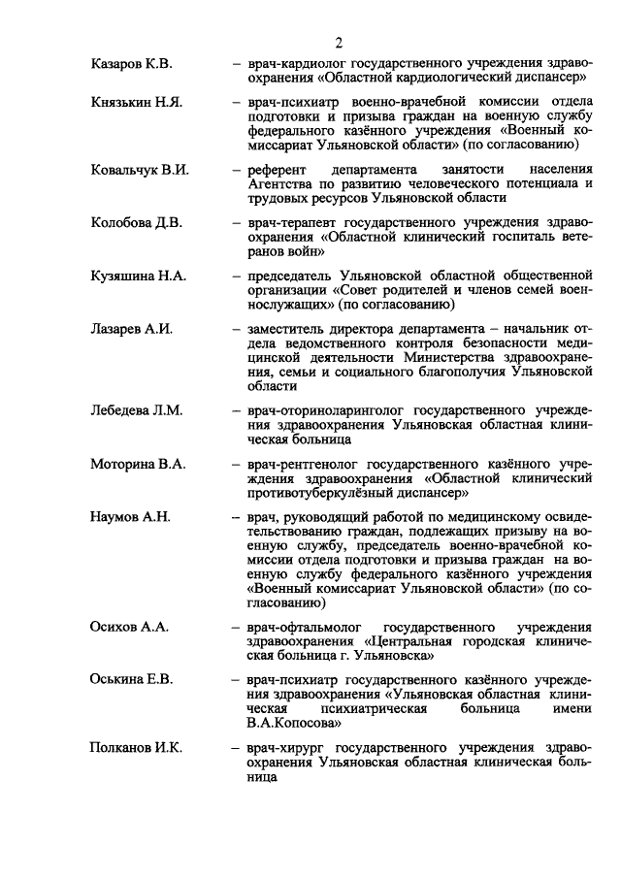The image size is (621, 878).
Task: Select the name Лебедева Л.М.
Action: [136, 410]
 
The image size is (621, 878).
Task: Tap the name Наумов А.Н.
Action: [130, 517]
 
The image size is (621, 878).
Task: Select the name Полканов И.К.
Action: [137, 748]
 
